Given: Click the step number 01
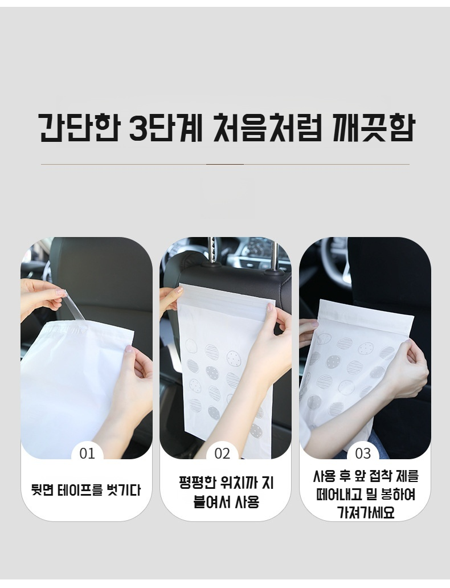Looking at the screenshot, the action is click(x=87, y=454).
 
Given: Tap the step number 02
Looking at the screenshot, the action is click(x=222, y=454).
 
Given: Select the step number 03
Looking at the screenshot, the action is click(x=363, y=454).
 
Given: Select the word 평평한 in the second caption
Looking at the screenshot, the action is click(x=198, y=482).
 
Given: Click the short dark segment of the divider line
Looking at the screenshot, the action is click(x=225, y=164).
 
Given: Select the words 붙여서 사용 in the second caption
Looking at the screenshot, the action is click(x=226, y=501).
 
